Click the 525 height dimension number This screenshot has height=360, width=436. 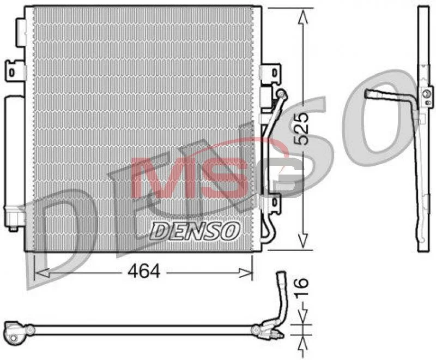301,129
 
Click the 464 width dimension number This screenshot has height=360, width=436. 144,271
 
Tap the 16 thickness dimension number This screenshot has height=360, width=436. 301,287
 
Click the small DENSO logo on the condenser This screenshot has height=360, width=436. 195,231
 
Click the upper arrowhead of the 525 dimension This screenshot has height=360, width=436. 303,17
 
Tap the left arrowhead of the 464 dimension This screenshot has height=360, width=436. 42,273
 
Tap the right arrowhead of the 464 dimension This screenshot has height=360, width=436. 245,273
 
